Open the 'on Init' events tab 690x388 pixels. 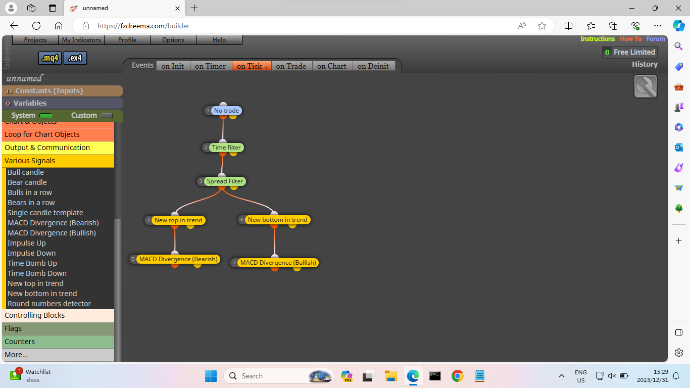coord(173,66)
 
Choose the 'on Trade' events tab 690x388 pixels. coord(291,66)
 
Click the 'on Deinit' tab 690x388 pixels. coord(373,66)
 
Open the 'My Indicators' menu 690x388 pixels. coord(81,40)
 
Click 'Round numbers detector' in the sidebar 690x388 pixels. coord(50,304)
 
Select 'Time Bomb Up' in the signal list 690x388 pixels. coord(32,263)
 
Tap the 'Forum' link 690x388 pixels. coord(656,39)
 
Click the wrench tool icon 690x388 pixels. coord(646,86)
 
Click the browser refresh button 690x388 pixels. coord(36,26)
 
